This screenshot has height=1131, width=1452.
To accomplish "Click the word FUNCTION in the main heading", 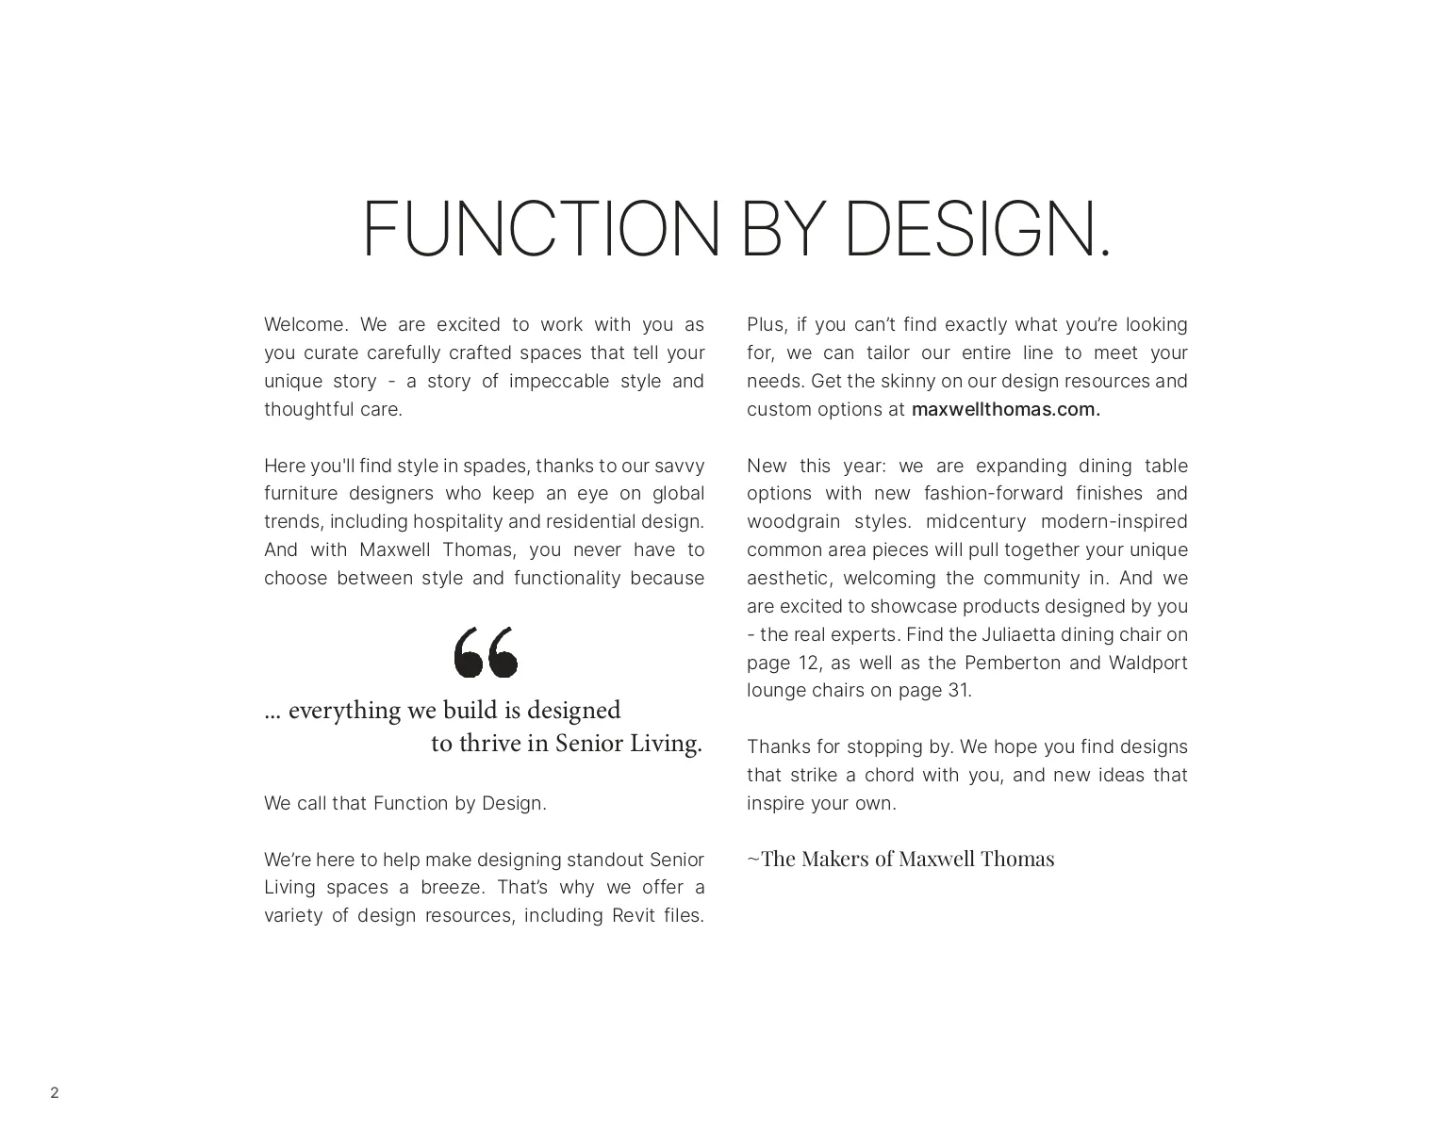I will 540,229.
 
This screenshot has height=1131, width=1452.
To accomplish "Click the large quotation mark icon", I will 486,652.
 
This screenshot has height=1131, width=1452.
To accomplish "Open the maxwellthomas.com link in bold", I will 1005,410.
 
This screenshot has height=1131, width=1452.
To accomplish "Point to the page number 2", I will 55,1093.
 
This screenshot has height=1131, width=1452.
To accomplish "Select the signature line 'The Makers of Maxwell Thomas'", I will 900,859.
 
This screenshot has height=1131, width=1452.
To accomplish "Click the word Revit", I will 634,916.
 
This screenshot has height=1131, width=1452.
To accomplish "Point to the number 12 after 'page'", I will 808,663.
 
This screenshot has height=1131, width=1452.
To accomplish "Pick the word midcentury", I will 975,522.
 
